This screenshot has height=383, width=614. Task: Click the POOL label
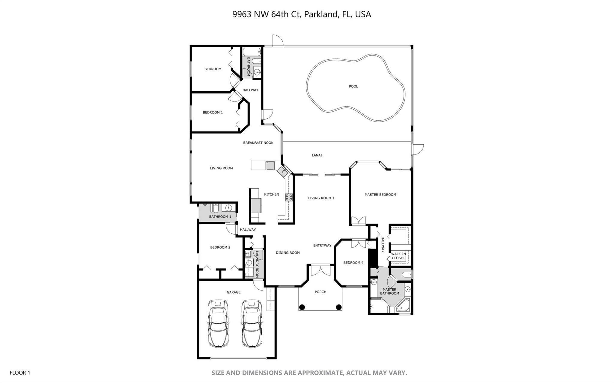point(353,87)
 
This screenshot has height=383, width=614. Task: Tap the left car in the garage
point(218,324)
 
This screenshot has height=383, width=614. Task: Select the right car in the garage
point(252,324)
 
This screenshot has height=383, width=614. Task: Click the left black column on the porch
point(302,307)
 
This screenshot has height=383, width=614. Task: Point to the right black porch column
point(339,307)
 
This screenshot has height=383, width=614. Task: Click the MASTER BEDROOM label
point(380,195)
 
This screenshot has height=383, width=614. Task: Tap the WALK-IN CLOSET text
point(398,256)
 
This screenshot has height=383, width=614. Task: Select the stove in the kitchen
point(289,197)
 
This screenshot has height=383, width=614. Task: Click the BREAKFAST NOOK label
point(258,143)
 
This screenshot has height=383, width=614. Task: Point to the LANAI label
point(317,155)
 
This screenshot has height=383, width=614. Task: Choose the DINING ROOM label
point(288,253)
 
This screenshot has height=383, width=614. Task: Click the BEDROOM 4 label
point(353,263)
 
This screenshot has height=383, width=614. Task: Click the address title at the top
point(302,14)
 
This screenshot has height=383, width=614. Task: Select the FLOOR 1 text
point(20,373)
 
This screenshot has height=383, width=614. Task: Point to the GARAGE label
point(234,292)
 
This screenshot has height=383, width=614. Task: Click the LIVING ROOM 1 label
point(321,198)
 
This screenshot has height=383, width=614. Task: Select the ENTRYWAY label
point(322,246)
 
